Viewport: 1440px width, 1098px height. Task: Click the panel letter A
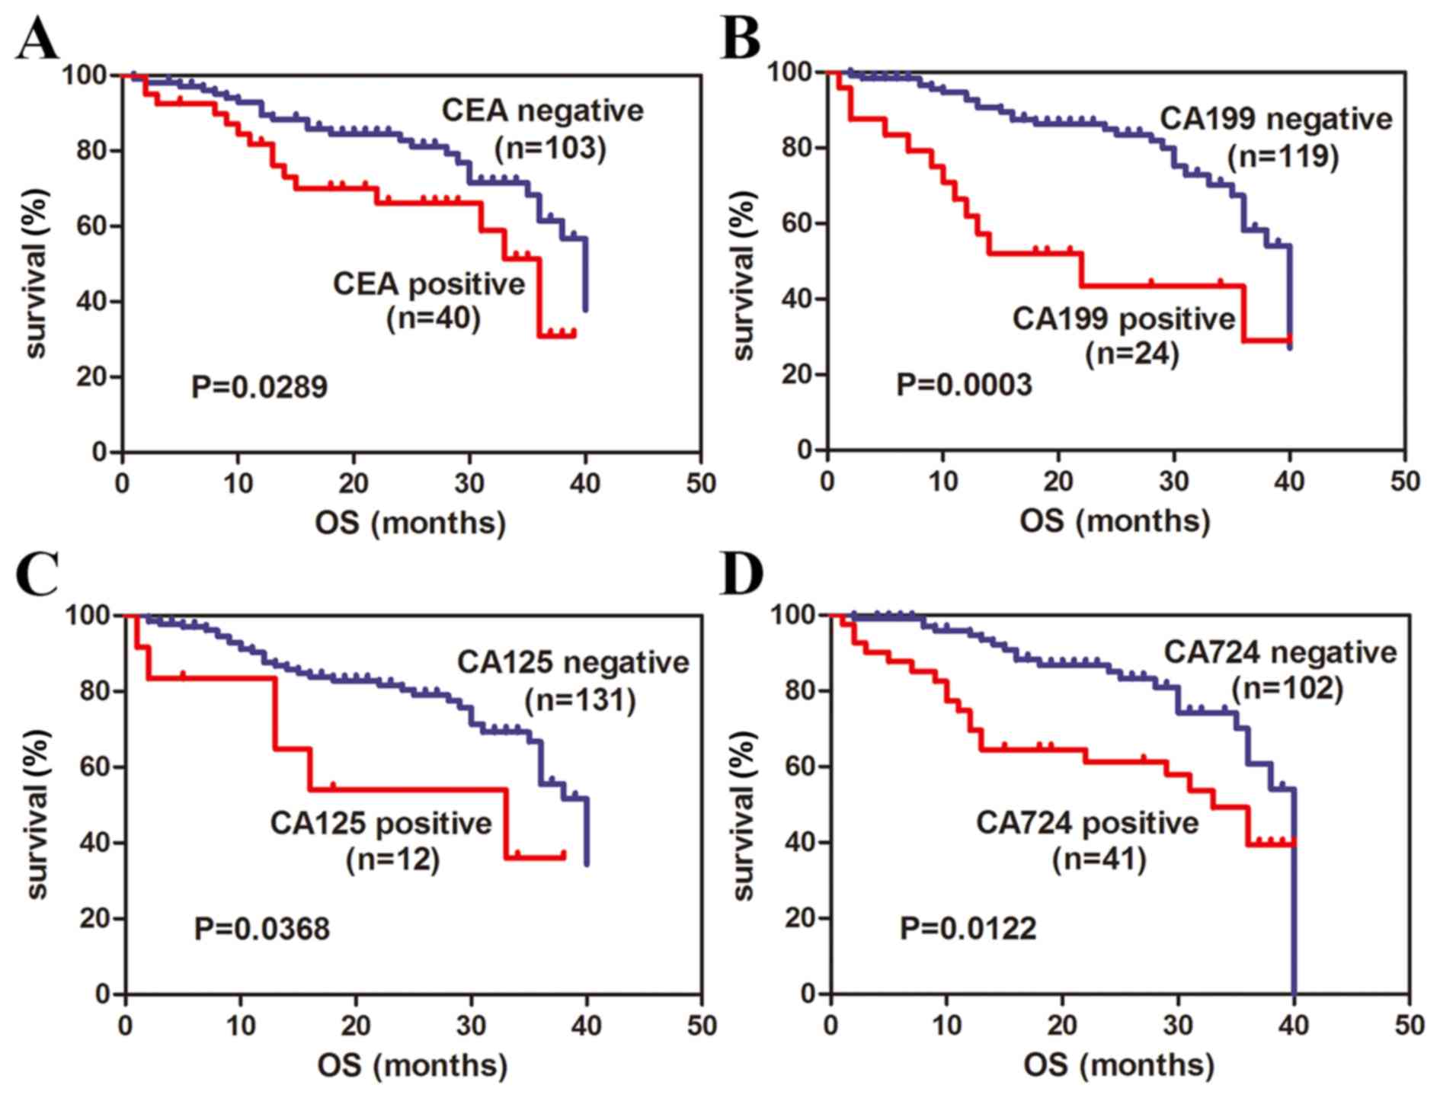pyautogui.click(x=37, y=40)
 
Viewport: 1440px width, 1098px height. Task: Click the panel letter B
pyautogui.click(x=741, y=38)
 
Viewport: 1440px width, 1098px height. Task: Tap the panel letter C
pyautogui.click(x=37, y=575)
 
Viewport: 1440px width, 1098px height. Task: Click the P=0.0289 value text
pyautogui.click(x=259, y=387)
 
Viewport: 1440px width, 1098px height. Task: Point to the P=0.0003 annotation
pyautogui.click(x=964, y=384)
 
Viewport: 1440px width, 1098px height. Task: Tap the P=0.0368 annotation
pyautogui.click(x=261, y=929)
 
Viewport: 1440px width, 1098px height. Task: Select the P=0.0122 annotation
pyautogui.click(x=968, y=928)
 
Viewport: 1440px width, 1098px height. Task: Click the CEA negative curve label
pyautogui.click(x=542, y=111)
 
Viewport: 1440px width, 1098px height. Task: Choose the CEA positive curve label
pyautogui.click(x=429, y=284)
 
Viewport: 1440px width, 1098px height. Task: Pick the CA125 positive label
pyautogui.click(x=381, y=824)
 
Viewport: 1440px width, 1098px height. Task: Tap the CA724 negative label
pyautogui.click(x=1280, y=652)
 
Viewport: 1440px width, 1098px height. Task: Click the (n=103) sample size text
pyautogui.click(x=550, y=148)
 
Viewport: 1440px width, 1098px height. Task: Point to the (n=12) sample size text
pyautogui.click(x=392, y=860)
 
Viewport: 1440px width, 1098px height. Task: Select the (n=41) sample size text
pyautogui.click(x=1099, y=860)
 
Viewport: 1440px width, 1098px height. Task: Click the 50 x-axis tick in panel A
pyautogui.click(x=700, y=484)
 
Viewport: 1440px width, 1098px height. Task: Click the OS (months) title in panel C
pyautogui.click(x=412, y=1065)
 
